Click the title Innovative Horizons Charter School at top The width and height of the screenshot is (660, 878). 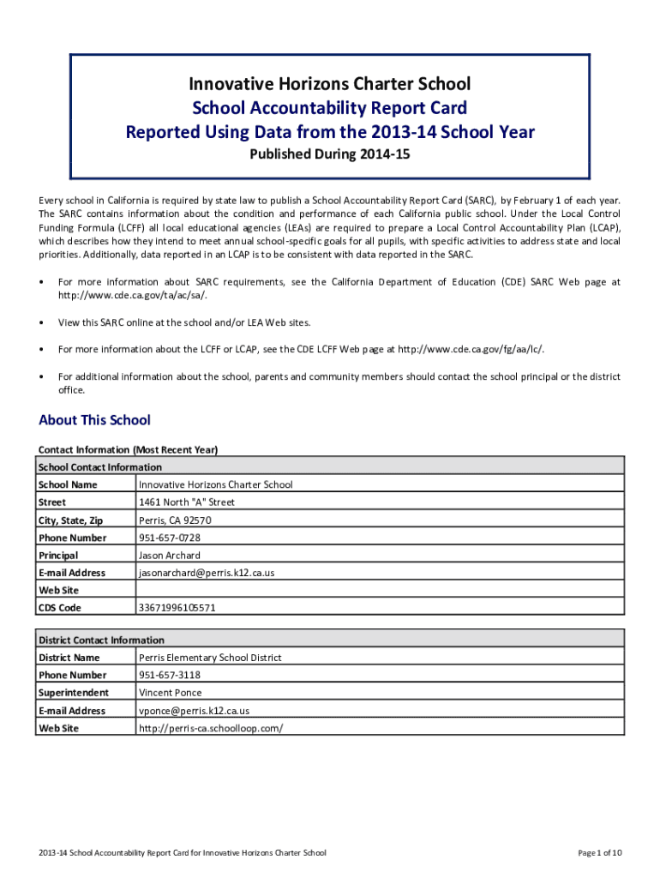(x=330, y=84)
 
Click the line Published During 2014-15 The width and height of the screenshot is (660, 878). (x=330, y=155)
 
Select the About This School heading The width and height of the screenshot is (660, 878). (x=94, y=420)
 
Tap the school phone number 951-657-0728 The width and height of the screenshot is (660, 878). (x=170, y=538)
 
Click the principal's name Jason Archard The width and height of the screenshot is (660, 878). (x=171, y=556)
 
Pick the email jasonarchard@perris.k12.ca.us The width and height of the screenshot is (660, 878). (x=207, y=573)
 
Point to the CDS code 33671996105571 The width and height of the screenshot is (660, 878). (x=177, y=608)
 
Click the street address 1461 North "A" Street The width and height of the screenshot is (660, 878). (x=186, y=502)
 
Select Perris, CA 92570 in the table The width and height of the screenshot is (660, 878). (x=175, y=520)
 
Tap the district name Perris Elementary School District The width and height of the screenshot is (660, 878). (x=210, y=658)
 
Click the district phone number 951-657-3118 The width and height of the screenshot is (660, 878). (x=170, y=675)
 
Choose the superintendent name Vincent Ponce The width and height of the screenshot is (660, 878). (x=170, y=693)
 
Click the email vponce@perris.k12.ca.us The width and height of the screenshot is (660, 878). (x=194, y=711)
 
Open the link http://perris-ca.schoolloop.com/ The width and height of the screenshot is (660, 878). (x=210, y=728)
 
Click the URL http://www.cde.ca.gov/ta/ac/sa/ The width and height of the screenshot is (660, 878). (x=132, y=295)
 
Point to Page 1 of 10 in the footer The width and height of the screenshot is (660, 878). (x=599, y=852)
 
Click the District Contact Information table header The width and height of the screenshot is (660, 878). (x=101, y=640)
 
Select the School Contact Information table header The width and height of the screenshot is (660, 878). (x=99, y=467)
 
